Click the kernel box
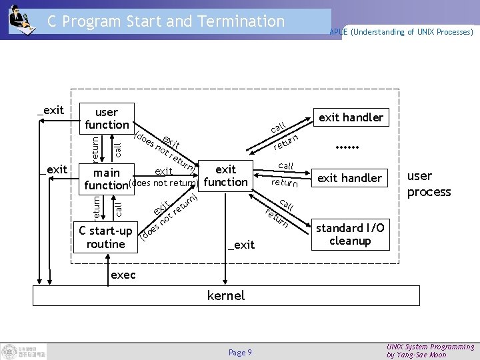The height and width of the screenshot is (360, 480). click(226, 295)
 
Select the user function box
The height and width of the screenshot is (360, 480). click(107, 118)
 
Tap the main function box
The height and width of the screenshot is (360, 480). click(107, 178)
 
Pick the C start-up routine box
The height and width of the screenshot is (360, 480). click(106, 237)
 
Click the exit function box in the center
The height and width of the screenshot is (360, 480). click(226, 175)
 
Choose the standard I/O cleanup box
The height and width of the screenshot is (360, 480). click(350, 234)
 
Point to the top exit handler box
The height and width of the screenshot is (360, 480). click(351, 117)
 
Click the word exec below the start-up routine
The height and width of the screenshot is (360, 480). click(123, 275)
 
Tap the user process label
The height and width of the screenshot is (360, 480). click(429, 183)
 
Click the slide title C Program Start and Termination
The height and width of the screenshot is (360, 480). click(166, 21)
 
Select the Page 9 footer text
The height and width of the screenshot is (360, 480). click(240, 352)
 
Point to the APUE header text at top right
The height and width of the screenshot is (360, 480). click(401, 31)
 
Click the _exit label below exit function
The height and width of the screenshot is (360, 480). click(241, 245)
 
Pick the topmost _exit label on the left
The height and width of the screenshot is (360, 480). click(51, 109)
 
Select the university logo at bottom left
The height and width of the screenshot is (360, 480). click(24, 351)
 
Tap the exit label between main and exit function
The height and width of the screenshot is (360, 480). click(163, 171)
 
